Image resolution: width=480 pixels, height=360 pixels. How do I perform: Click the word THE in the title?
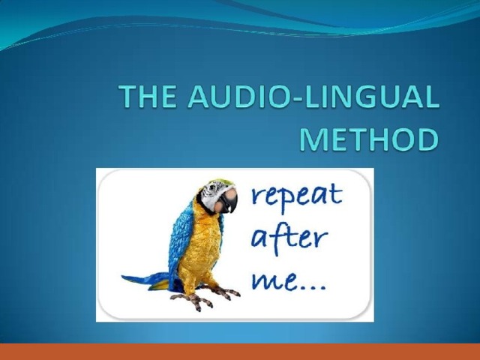pos(147,96)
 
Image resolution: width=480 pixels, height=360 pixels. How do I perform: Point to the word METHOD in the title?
pos(369,139)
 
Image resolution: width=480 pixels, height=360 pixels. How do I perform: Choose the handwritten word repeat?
pos(296,196)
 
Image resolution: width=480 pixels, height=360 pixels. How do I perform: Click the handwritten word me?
pos(273,280)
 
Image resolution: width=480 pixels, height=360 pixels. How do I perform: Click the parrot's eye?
pos(212,187)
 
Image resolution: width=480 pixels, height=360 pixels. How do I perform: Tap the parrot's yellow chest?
pos(202,245)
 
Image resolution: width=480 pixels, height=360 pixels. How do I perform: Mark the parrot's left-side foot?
pos(193,301)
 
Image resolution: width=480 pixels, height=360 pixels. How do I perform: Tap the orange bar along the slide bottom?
pos(240,352)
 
